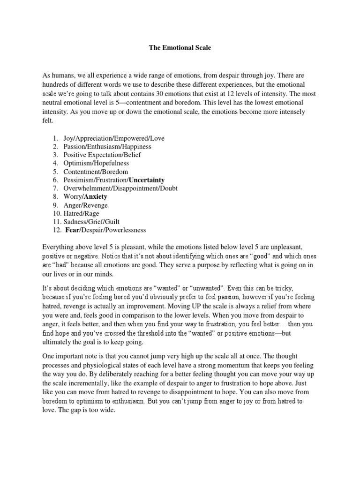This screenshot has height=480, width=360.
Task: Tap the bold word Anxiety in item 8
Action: [95, 197]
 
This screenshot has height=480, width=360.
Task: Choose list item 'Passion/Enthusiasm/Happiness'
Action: [105, 147]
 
